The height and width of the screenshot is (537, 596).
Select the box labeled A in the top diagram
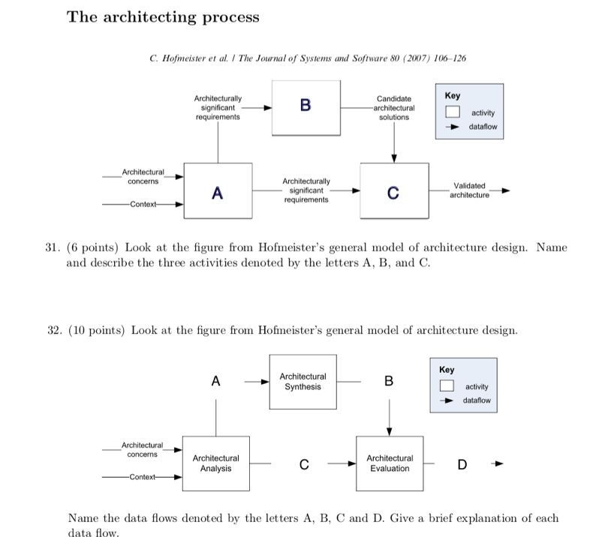pos(217,191)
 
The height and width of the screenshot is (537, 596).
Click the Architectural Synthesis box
pos(303,382)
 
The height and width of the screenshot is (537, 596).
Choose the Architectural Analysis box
pos(216,463)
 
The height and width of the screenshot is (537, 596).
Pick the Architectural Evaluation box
pos(389,463)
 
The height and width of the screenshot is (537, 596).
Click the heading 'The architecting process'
pos(163,16)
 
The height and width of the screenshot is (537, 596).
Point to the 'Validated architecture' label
pos(470,190)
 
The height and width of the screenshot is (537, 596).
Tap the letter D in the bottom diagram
pos(462,465)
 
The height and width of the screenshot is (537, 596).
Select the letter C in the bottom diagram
pos(303,464)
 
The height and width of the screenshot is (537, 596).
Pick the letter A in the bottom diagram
pos(215,381)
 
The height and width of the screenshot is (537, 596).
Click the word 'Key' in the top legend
pos(453,96)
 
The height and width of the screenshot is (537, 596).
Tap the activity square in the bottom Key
pos(447,387)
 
